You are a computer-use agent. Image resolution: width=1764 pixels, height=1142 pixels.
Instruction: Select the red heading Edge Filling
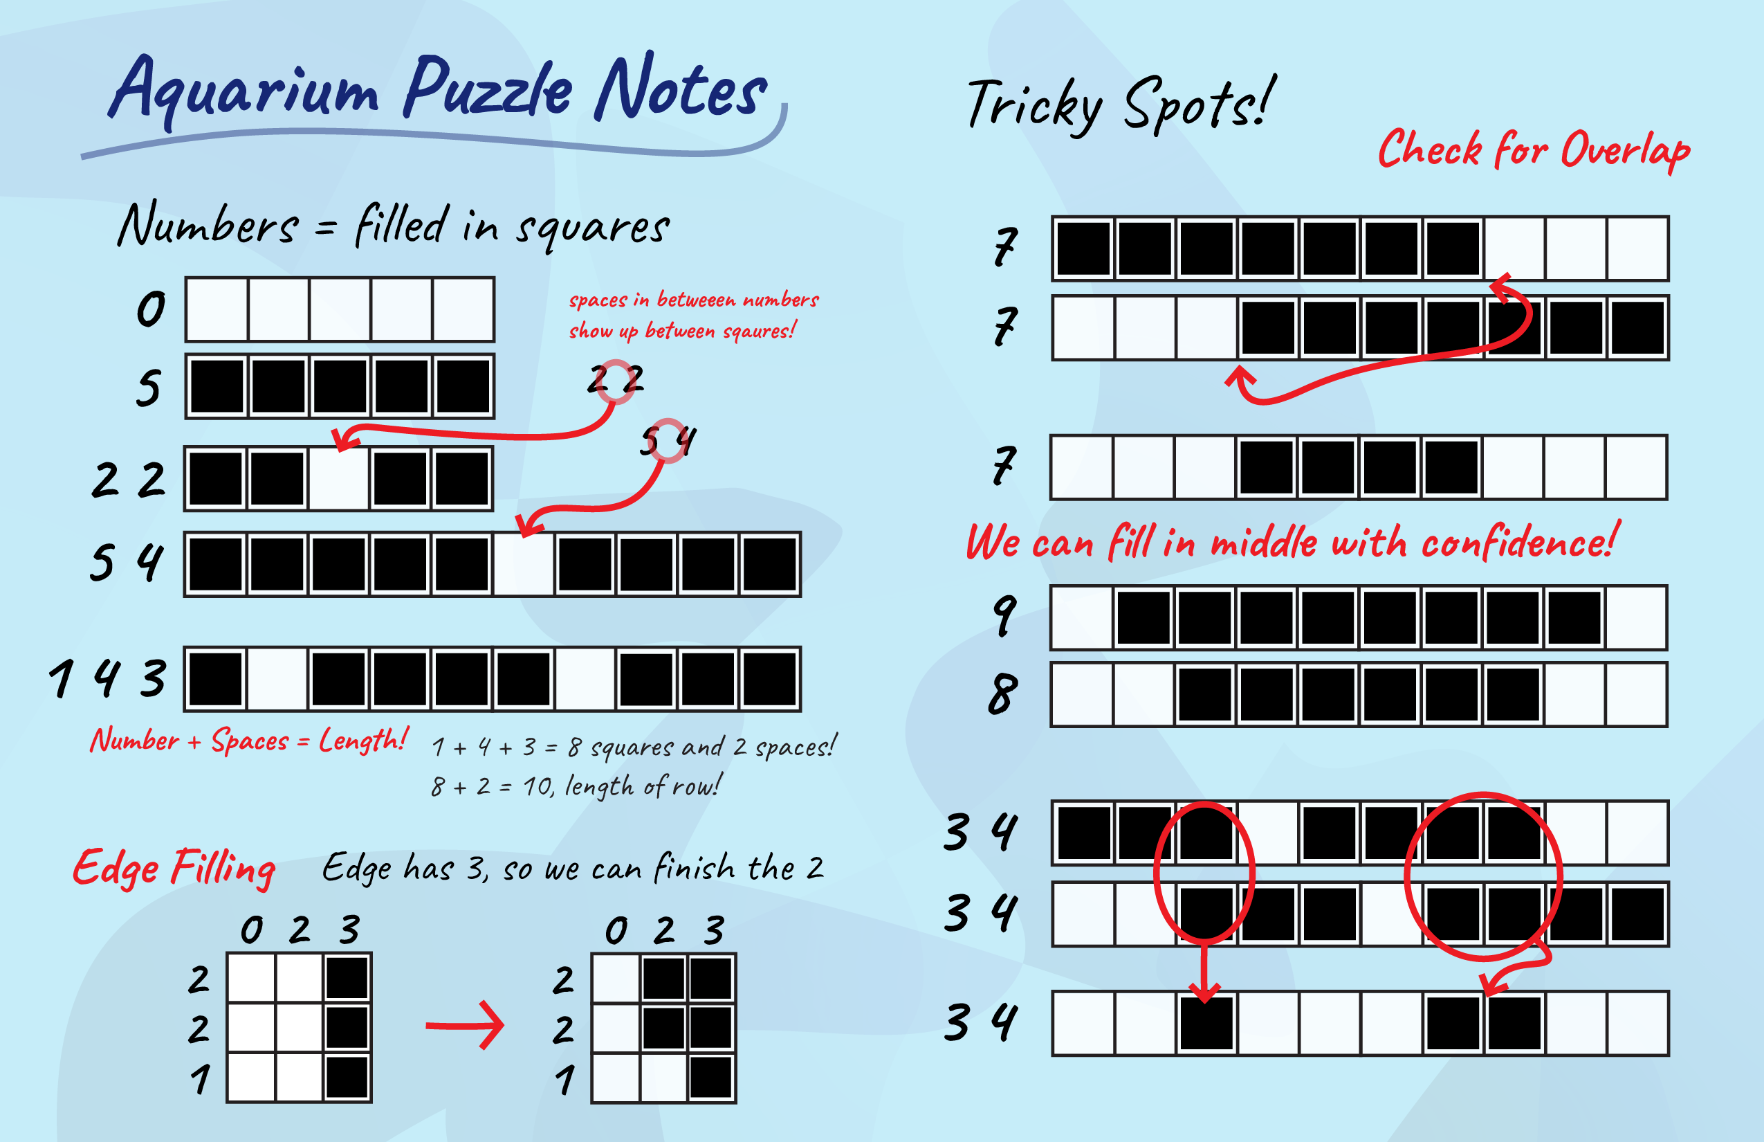(174, 869)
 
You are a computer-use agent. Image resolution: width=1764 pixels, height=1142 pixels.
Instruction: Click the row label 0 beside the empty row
(151, 309)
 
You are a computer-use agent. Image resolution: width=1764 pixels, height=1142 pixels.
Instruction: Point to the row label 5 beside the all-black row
(148, 388)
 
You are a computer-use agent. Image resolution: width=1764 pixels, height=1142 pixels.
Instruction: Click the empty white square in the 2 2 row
(339, 479)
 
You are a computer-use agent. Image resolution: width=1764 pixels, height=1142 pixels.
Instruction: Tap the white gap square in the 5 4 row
(523, 564)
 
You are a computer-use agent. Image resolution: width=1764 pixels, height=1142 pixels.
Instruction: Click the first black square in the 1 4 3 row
(216, 679)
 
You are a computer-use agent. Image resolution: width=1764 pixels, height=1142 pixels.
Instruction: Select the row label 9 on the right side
(1005, 615)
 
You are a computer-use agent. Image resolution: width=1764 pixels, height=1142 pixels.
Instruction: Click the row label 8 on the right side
(1003, 694)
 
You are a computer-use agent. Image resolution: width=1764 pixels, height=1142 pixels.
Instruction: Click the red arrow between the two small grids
(465, 1026)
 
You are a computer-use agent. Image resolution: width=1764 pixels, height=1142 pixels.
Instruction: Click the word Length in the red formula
(363, 740)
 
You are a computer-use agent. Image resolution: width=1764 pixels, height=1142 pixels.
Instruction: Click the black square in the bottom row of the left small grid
(347, 1078)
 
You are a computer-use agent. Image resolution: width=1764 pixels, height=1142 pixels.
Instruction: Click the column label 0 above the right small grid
(616, 931)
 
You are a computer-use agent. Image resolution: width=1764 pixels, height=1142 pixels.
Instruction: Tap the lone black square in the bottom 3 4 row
(1206, 1024)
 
